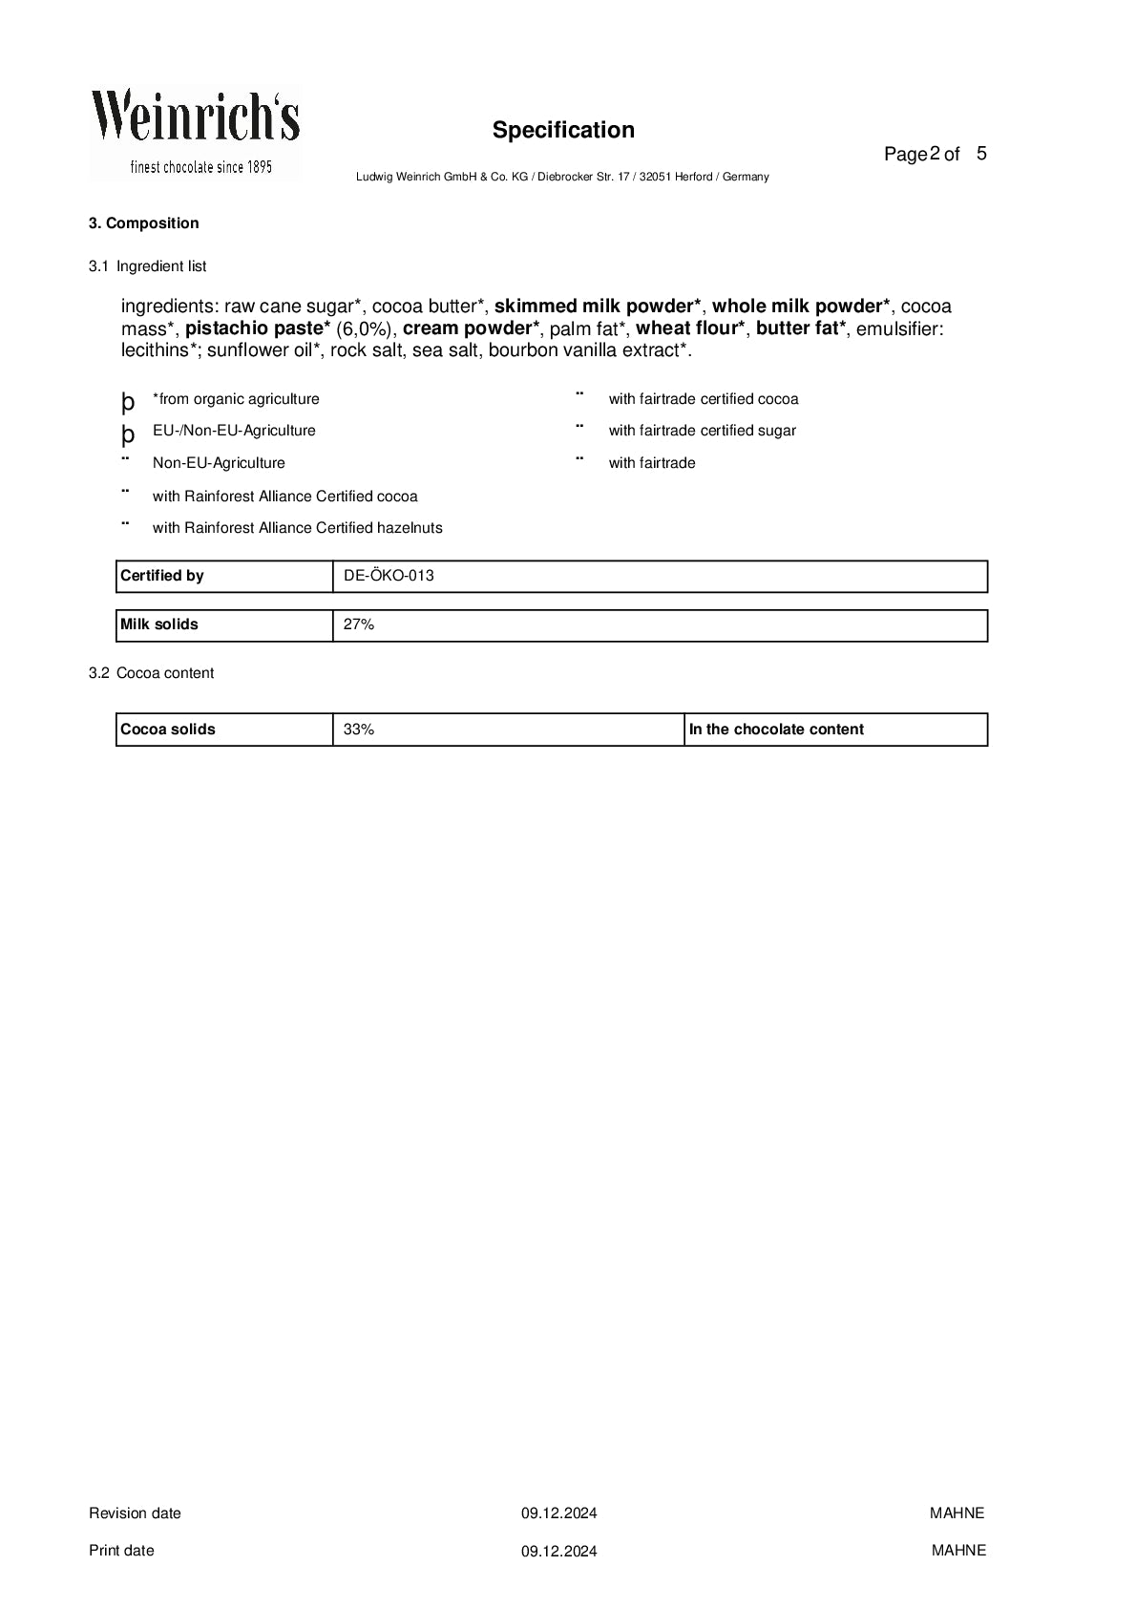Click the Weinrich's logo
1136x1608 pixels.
point(195,132)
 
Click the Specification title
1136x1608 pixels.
point(563,130)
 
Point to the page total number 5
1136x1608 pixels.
point(981,153)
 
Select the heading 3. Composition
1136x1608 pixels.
point(144,223)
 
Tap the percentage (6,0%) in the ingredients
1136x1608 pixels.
point(366,328)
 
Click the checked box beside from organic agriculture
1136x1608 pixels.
point(128,401)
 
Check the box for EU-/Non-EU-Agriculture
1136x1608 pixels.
point(128,434)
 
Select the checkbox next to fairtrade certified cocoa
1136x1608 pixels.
point(579,394)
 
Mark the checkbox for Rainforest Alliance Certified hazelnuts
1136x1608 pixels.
point(125,523)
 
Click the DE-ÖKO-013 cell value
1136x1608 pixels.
point(389,576)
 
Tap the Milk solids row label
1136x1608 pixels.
point(159,624)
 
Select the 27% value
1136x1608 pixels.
point(359,624)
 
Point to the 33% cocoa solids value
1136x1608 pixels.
point(359,730)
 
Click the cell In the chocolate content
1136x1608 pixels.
point(776,730)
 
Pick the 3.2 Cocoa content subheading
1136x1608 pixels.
point(152,673)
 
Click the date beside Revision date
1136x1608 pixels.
point(558,1513)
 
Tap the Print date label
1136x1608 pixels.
point(121,1551)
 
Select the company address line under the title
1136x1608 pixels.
point(562,177)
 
